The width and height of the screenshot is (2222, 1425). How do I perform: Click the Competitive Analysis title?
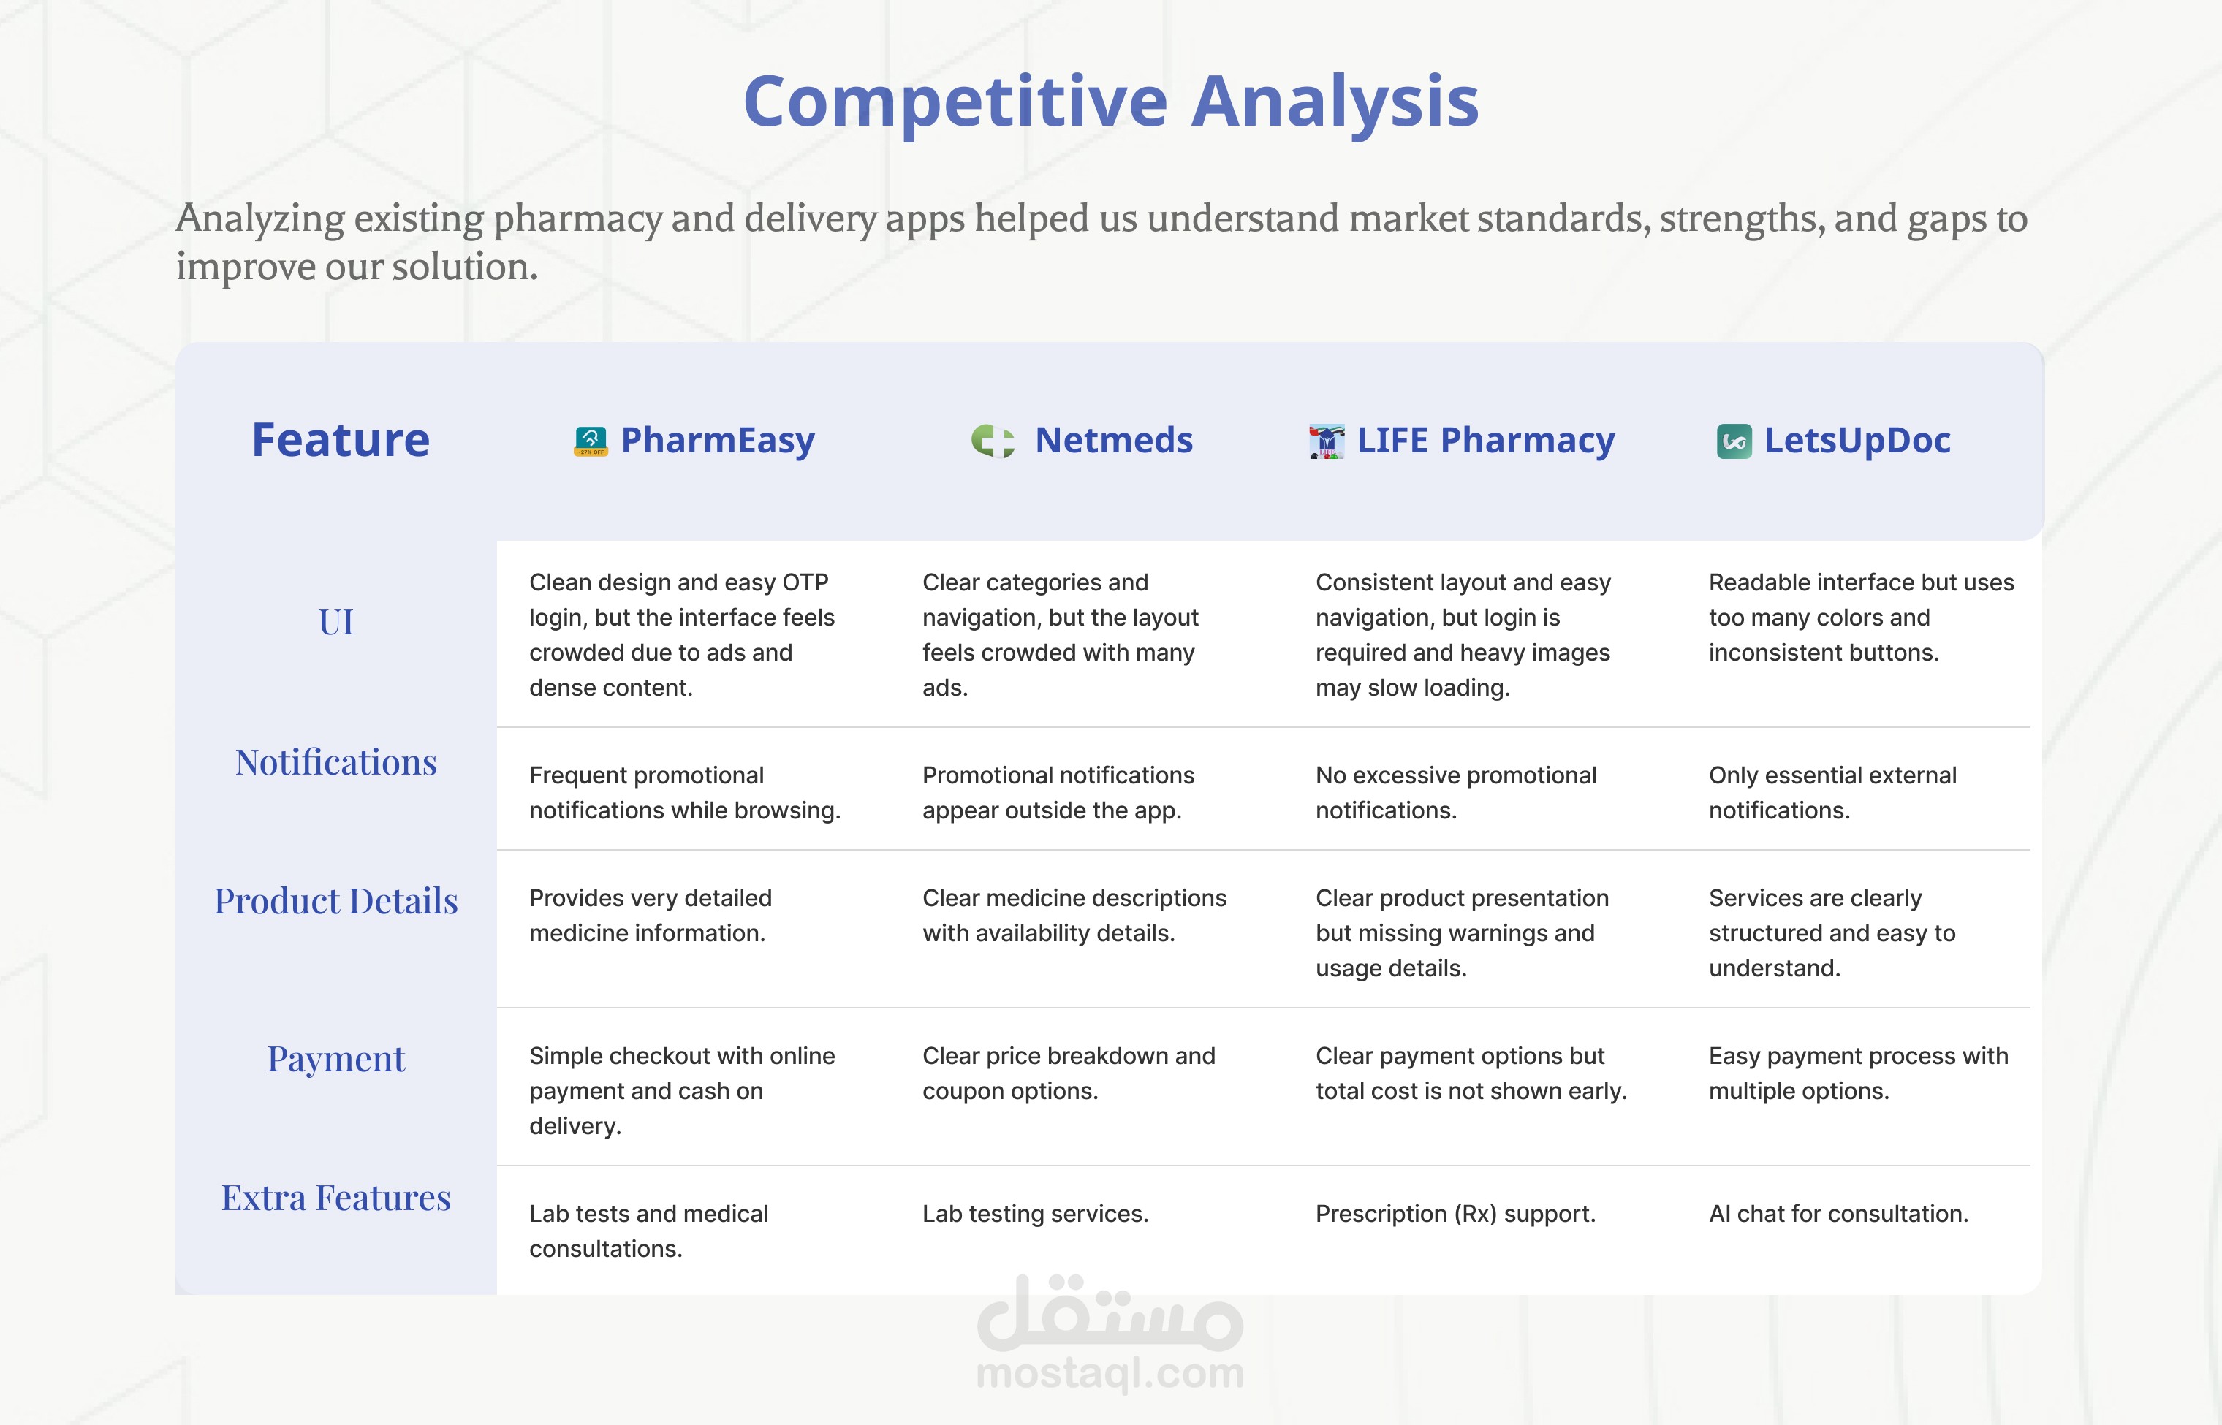(x=1110, y=102)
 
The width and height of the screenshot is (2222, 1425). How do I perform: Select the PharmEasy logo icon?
(x=591, y=441)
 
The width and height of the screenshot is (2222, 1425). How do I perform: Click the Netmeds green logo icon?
(x=992, y=441)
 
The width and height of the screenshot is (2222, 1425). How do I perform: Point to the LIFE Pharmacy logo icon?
(x=1326, y=441)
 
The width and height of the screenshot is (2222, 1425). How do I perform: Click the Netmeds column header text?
(x=1113, y=441)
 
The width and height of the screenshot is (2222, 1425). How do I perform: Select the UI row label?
(x=336, y=622)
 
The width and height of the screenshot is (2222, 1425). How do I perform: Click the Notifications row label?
(x=336, y=762)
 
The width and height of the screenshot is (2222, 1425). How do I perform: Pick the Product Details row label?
(x=336, y=901)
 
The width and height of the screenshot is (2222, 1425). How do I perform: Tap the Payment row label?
(x=336, y=1060)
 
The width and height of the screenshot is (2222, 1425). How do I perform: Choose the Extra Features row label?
(x=336, y=1198)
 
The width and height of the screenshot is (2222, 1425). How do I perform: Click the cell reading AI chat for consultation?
(x=1838, y=1213)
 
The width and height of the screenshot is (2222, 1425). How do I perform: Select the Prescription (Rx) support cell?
(x=1456, y=1214)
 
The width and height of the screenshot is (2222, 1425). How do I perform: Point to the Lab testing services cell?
(x=1035, y=1214)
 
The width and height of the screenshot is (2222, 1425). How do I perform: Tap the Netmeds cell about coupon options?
(x=1069, y=1073)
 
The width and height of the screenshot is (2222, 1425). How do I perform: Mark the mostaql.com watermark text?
(x=1110, y=1373)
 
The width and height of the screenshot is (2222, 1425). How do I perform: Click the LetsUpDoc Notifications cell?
(x=1832, y=792)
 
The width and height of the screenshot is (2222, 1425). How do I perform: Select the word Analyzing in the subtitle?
(x=261, y=219)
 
